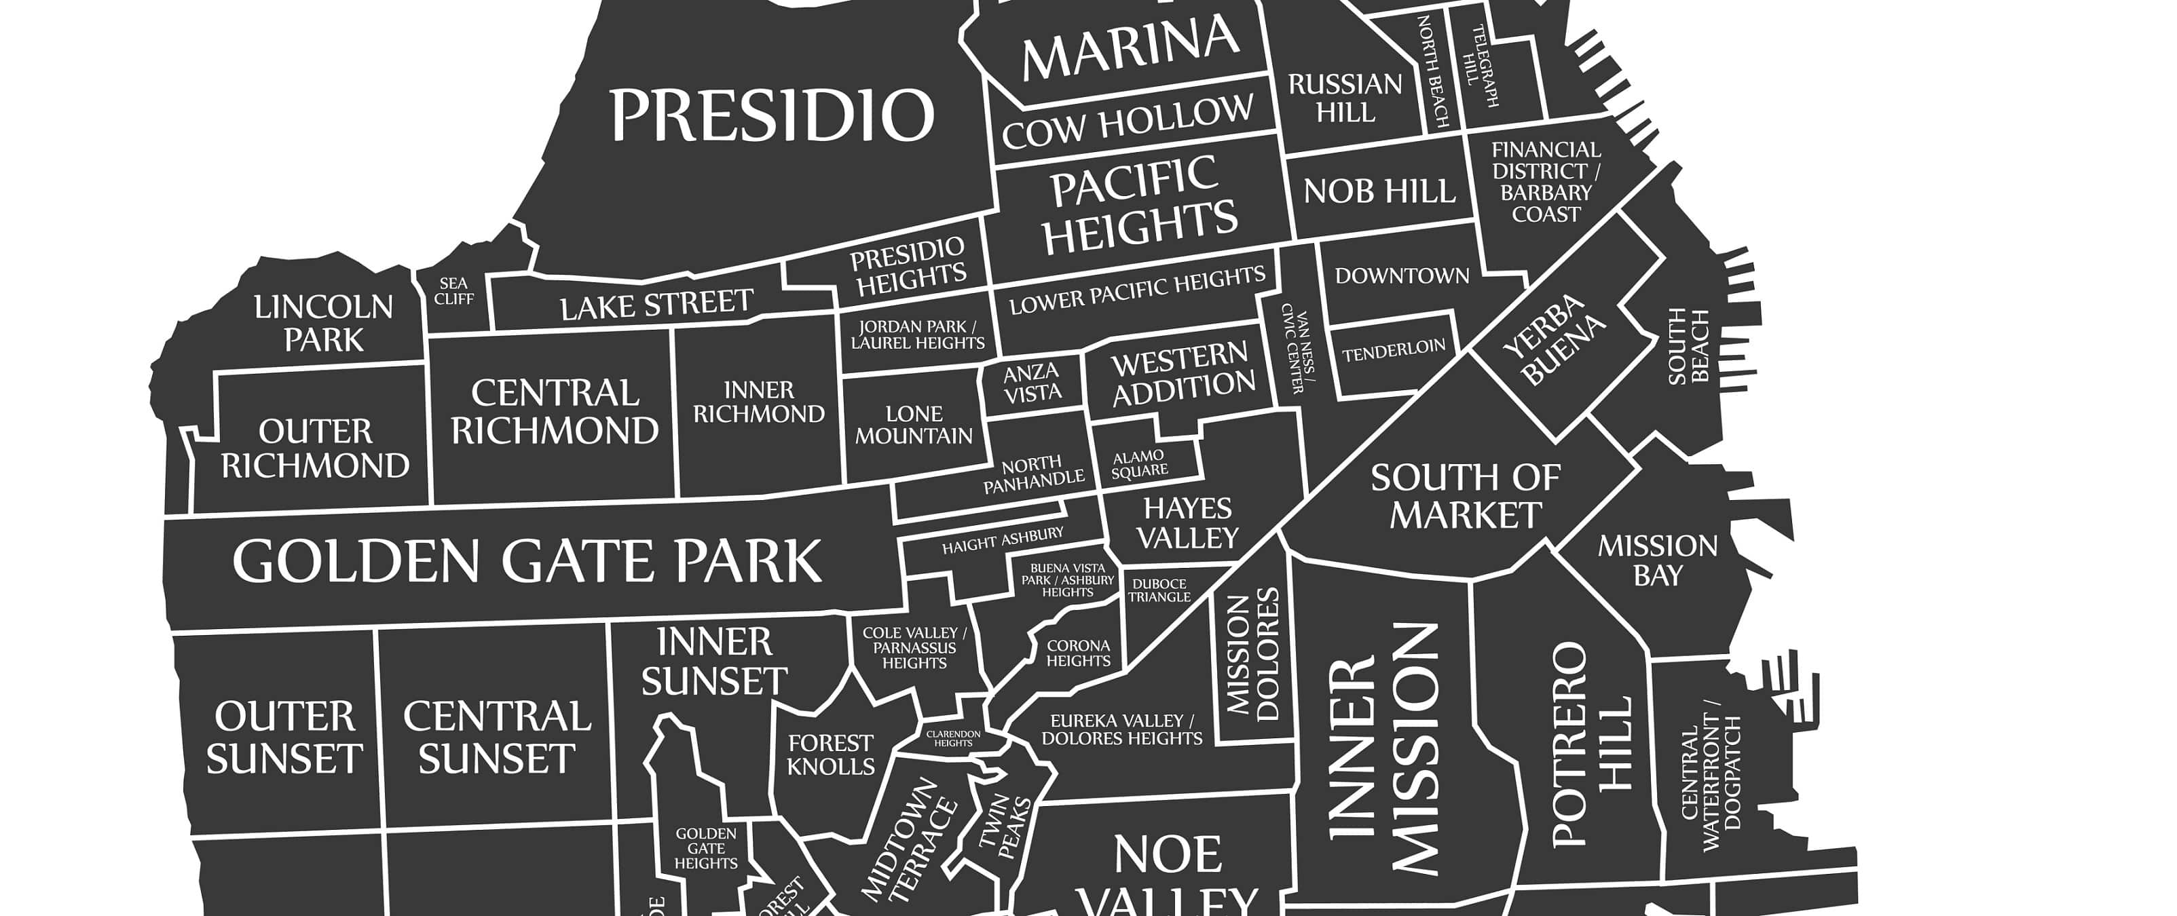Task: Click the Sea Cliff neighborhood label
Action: [454, 290]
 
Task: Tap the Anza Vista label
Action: [1031, 382]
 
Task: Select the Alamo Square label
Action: [1139, 464]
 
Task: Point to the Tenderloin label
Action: [1394, 350]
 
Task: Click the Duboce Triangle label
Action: [1159, 590]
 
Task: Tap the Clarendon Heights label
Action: [952, 738]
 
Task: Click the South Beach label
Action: [1688, 347]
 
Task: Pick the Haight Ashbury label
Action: [1003, 541]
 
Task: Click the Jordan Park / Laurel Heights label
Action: [918, 335]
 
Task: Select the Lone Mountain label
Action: [914, 425]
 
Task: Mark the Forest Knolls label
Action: [831, 755]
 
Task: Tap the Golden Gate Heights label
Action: [706, 847]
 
